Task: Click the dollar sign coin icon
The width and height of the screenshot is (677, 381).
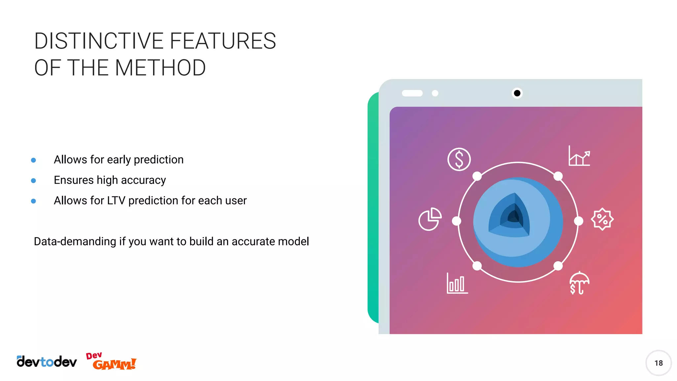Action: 459,159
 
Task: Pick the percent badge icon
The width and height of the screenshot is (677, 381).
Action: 602,219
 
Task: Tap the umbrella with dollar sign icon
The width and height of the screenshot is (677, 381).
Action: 579,283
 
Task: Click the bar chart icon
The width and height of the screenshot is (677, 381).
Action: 457,283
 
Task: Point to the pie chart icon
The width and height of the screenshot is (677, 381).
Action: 430,219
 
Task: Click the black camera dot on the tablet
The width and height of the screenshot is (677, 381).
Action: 517,93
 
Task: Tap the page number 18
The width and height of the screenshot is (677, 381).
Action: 658,363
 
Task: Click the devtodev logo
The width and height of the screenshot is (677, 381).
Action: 47,362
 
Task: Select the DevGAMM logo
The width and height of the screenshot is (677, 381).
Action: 111,361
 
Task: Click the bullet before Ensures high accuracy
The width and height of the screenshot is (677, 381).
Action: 33,181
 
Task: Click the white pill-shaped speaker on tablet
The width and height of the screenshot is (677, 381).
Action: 412,93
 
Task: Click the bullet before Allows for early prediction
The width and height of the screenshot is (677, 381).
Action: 33,160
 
